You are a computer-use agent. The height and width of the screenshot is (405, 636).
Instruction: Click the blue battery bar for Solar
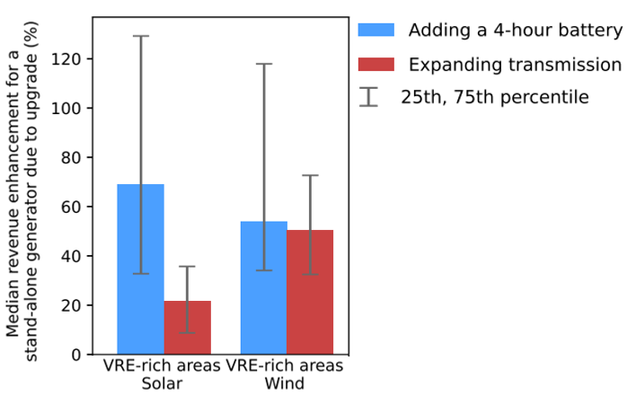click(x=140, y=269)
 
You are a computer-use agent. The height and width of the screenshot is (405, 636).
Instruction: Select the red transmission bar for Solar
click(x=187, y=328)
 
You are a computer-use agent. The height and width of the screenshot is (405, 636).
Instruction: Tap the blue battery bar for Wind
click(x=263, y=287)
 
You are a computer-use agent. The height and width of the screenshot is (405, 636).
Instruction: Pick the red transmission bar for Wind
click(x=310, y=292)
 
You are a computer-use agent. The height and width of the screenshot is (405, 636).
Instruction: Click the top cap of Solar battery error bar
click(x=140, y=36)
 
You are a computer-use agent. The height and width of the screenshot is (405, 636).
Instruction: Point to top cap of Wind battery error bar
click(x=263, y=64)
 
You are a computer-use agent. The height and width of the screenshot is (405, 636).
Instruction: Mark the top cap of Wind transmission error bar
click(x=310, y=175)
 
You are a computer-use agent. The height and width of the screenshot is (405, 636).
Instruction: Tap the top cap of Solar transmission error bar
click(x=187, y=266)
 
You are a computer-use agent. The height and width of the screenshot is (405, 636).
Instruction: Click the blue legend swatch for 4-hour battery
click(x=375, y=30)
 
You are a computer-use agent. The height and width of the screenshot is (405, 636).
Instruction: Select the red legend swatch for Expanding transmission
click(x=375, y=64)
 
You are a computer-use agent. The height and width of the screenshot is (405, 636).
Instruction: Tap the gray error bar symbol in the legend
click(x=368, y=97)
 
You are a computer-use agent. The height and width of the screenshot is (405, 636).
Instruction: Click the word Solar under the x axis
click(x=163, y=384)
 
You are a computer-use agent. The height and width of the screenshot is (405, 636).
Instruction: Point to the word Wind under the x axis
click(x=286, y=384)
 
